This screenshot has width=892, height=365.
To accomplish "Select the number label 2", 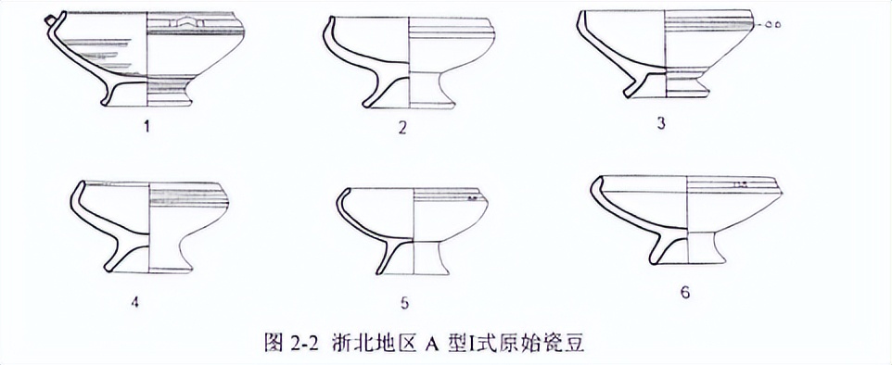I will coord(402,128).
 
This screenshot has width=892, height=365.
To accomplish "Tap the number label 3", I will coord(661,122).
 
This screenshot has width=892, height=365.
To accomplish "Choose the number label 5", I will coord(402,302).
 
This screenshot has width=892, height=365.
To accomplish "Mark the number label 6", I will coord(684,292).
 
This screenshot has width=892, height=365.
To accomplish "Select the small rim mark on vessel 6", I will coord(741,186).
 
